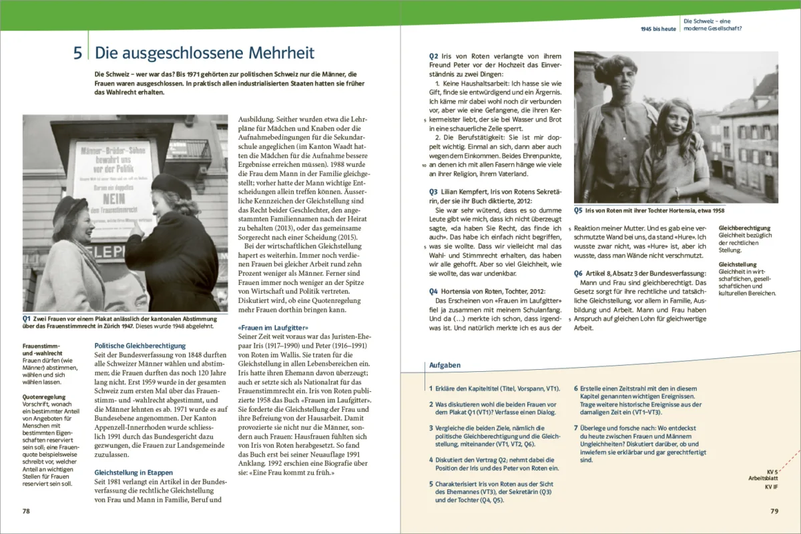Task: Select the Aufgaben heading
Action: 443,365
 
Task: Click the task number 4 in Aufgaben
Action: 431,459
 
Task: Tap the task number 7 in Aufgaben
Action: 576,427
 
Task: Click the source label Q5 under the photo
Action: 579,210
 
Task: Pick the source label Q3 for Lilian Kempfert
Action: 434,191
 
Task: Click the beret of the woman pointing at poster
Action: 172,185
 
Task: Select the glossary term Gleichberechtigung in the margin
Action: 744,228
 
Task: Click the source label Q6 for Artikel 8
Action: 579,274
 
